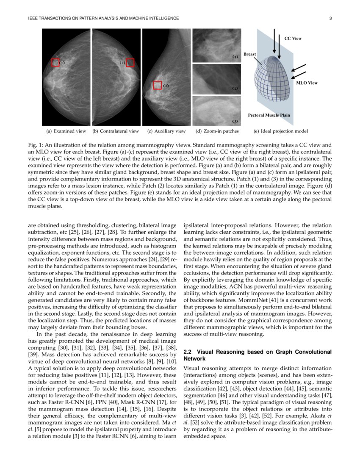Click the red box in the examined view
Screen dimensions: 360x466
tap(55, 63)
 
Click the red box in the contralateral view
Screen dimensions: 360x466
tap(130, 63)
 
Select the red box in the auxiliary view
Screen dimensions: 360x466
tap(158, 85)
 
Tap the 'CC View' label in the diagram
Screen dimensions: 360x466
tap(293, 38)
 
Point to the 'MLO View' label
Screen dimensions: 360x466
tap(307, 83)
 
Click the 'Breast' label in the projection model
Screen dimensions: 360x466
tap(249, 54)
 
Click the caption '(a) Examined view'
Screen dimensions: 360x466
tap(66, 131)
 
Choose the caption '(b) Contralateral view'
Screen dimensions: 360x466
tap(116, 131)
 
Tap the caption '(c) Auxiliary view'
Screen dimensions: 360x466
tap(166, 131)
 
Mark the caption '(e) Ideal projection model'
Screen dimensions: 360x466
tap(280, 131)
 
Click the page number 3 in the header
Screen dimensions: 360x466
tap(330, 18)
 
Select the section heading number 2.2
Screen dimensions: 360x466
tap(189, 352)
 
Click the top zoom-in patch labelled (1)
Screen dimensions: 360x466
tap(216, 45)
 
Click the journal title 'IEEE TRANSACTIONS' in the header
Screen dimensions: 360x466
tap(49, 18)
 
